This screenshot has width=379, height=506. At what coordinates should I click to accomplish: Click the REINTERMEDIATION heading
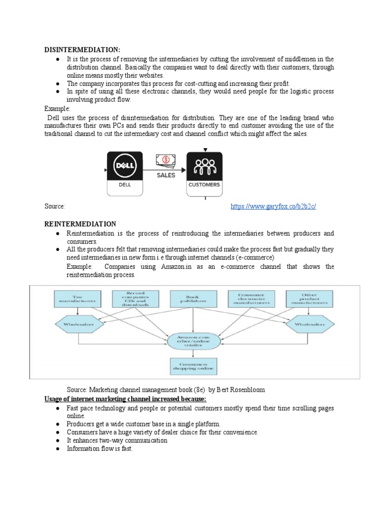[x=80, y=224]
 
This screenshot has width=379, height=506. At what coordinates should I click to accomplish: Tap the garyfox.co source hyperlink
[x=273, y=206]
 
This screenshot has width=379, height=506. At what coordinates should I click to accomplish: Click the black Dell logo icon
[x=125, y=167]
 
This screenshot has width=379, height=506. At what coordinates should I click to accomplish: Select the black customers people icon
[x=204, y=167]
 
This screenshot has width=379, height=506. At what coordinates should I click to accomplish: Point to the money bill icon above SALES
[x=165, y=160]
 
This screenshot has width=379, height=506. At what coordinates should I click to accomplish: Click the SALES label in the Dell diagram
[x=165, y=175]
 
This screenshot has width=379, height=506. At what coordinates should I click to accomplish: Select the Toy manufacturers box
[x=77, y=298]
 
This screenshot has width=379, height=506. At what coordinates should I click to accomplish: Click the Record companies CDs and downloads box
[x=136, y=298]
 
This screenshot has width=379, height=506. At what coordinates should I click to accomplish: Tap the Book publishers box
[x=194, y=298]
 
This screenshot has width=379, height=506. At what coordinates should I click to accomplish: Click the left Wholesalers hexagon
[x=80, y=324]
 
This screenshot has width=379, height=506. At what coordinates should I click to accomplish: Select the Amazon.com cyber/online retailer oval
[x=194, y=341]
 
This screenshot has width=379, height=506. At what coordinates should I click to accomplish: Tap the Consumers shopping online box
[x=194, y=366]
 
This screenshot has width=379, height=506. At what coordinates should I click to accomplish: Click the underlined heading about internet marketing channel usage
[x=126, y=399]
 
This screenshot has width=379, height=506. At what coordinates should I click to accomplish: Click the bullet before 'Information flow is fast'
[x=58, y=449]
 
